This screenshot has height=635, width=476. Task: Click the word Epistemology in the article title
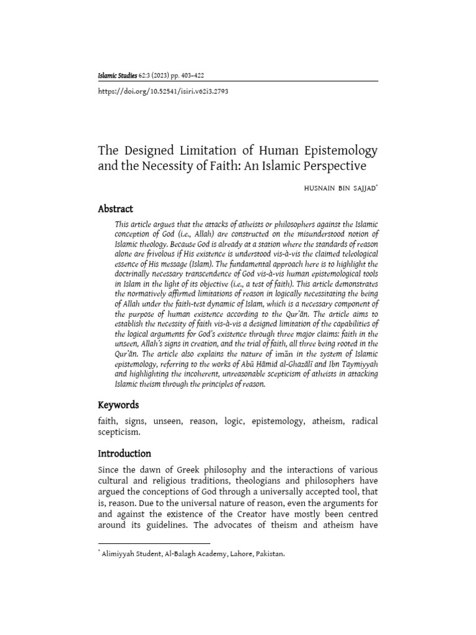tap(335, 151)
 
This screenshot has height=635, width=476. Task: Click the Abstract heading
tap(115, 209)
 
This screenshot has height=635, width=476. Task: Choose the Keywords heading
tap(118, 404)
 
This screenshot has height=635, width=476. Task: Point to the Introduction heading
tap(124, 453)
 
